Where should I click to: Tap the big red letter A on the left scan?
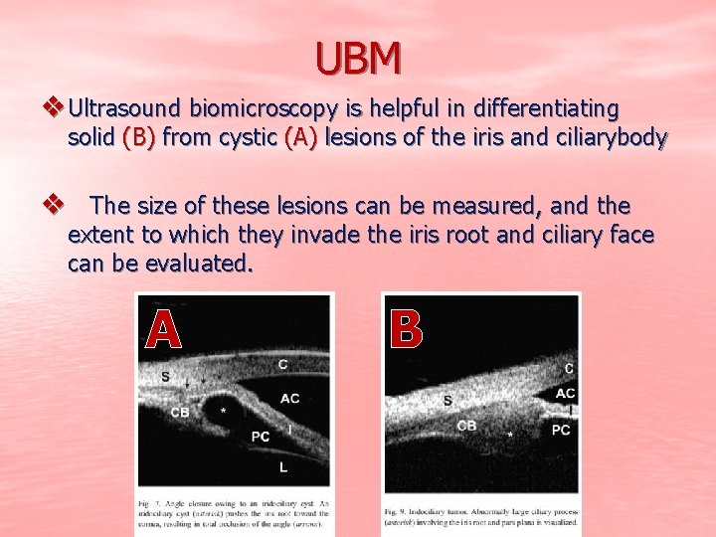point(164,329)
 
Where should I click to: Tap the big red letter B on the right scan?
point(407,329)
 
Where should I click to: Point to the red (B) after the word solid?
point(138,137)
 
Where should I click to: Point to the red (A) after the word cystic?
point(301,137)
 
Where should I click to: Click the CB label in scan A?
point(180,412)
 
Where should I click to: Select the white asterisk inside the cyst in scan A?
point(223,410)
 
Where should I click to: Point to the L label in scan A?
point(283,466)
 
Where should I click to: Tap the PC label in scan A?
point(261,436)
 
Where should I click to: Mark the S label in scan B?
point(447,400)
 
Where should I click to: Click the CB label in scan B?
point(465,425)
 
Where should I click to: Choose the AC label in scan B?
point(565,394)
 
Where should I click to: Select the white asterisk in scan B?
point(510,435)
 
